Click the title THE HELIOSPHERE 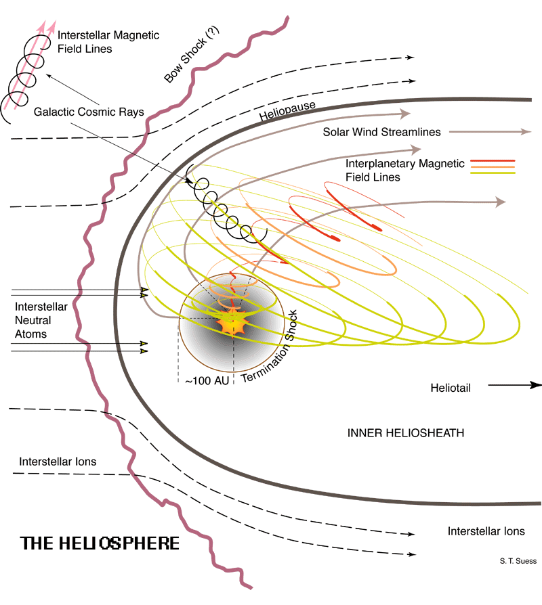[x=100, y=543]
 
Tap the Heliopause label [x=287, y=111]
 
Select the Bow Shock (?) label [x=192, y=54]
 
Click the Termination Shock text [x=269, y=346]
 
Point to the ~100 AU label [x=207, y=381]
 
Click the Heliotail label [x=451, y=388]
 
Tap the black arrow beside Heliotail [x=515, y=385]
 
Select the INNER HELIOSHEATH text [x=406, y=433]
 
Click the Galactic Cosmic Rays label [x=89, y=112]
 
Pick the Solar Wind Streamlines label [x=381, y=132]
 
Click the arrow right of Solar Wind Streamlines [x=491, y=131]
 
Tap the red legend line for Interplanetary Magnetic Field [x=493, y=160]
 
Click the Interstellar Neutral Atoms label [x=41, y=320]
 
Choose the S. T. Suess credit [x=518, y=561]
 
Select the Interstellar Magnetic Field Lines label [x=108, y=42]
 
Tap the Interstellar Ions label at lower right [x=486, y=531]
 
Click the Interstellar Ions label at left [x=58, y=462]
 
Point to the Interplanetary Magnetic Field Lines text [x=405, y=170]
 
